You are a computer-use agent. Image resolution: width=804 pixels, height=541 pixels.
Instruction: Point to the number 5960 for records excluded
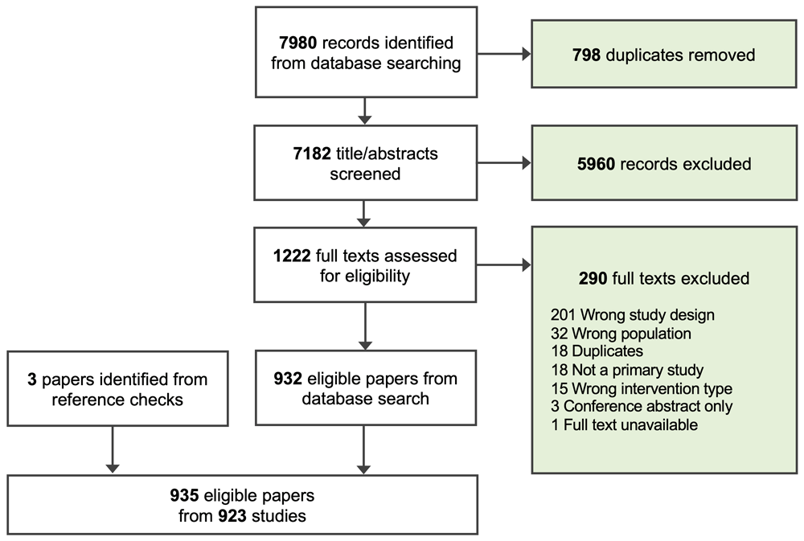click(595, 164)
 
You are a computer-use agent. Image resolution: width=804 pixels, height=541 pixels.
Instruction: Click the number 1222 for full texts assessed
click(292, 256)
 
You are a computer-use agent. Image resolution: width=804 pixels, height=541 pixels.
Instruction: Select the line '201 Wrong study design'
click(621, 316)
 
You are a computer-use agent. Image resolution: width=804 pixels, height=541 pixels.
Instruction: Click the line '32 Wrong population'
click(610, 334)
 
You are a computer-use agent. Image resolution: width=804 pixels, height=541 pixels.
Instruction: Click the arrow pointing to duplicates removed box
click(503, 55)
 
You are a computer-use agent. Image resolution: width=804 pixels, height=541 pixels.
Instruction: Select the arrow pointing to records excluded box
click(503, 164)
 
